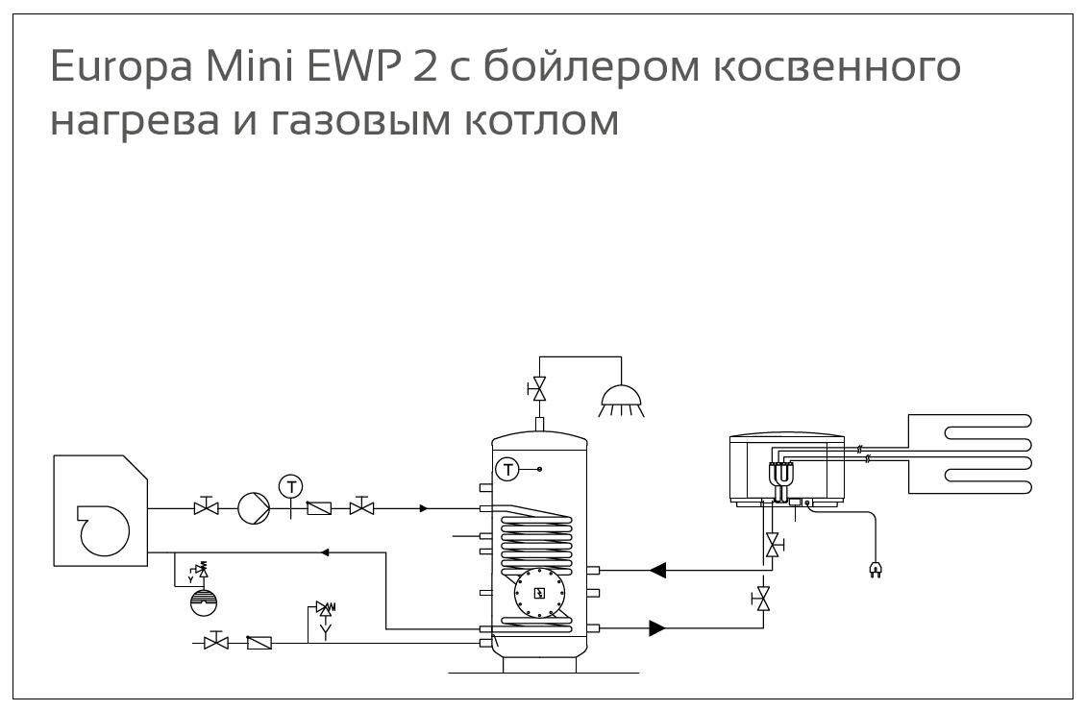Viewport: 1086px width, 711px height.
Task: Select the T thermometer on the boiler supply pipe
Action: click(289, 486)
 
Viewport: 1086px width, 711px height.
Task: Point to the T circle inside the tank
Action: click(506, 469)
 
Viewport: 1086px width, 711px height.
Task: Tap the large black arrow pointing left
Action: click(658, 570)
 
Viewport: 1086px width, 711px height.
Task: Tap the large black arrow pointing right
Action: click(658, 629)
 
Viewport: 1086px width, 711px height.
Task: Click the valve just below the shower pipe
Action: click(539, 389)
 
